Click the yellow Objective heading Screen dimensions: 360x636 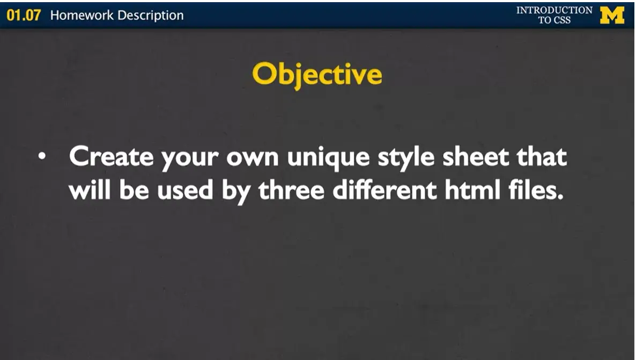pos(317,75)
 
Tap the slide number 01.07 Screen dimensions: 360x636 pos(24,15)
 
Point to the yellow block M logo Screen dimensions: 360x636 pos(612,15)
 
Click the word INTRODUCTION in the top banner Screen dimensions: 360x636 pos(554,10)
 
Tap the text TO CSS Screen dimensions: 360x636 pos(554,20)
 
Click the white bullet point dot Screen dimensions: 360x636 pos(42,157)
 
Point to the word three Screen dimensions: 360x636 pos(292,190)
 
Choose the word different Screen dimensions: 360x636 pos(385,190)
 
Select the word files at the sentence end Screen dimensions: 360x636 pos(537,190)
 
